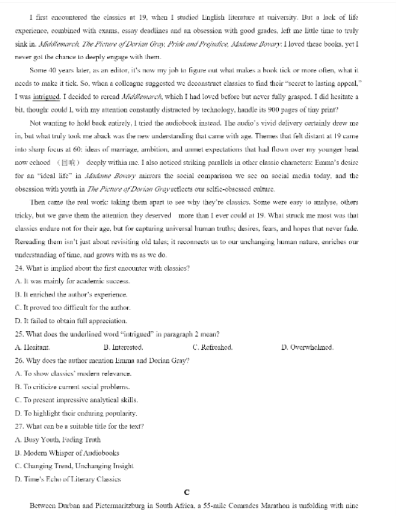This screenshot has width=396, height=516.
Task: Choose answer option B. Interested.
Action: (123, 347)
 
